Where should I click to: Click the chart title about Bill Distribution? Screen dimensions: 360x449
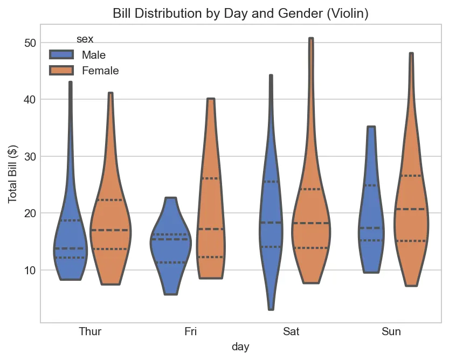tap(240, 14)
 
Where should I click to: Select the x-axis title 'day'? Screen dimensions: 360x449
tap(240, 347)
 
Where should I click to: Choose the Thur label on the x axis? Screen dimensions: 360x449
tap(90, 331)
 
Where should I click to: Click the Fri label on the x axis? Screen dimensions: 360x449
tap(190, 331)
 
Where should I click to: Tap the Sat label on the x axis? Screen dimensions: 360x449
tap(291, 331)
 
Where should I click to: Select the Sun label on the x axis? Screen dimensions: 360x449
tap(391, 331)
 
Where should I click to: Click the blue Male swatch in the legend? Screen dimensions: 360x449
tap(61, 55)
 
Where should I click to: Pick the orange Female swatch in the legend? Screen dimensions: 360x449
tap(61, 71)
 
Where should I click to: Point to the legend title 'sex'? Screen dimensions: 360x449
tap(85, 39)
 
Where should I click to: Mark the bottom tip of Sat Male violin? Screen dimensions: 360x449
tap(271, 309)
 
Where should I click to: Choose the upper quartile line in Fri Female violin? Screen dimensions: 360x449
tap(211, 178)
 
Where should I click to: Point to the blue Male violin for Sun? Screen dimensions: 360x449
tap(371, 226)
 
